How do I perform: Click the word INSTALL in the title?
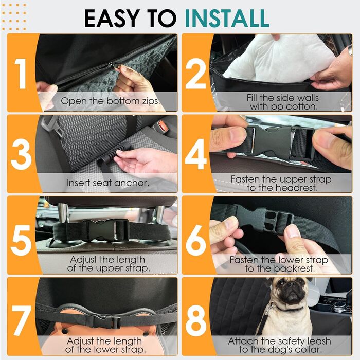(227, 19)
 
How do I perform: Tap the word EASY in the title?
(112, 19)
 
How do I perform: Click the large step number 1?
(21, 74)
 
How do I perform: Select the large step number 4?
(196, 154)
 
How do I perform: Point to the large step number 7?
(22, 320)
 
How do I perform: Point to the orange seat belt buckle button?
(163, 126)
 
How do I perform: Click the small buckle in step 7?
(106, 320)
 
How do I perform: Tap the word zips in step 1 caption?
(151, 101)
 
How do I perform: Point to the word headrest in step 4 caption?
(297, 188)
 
